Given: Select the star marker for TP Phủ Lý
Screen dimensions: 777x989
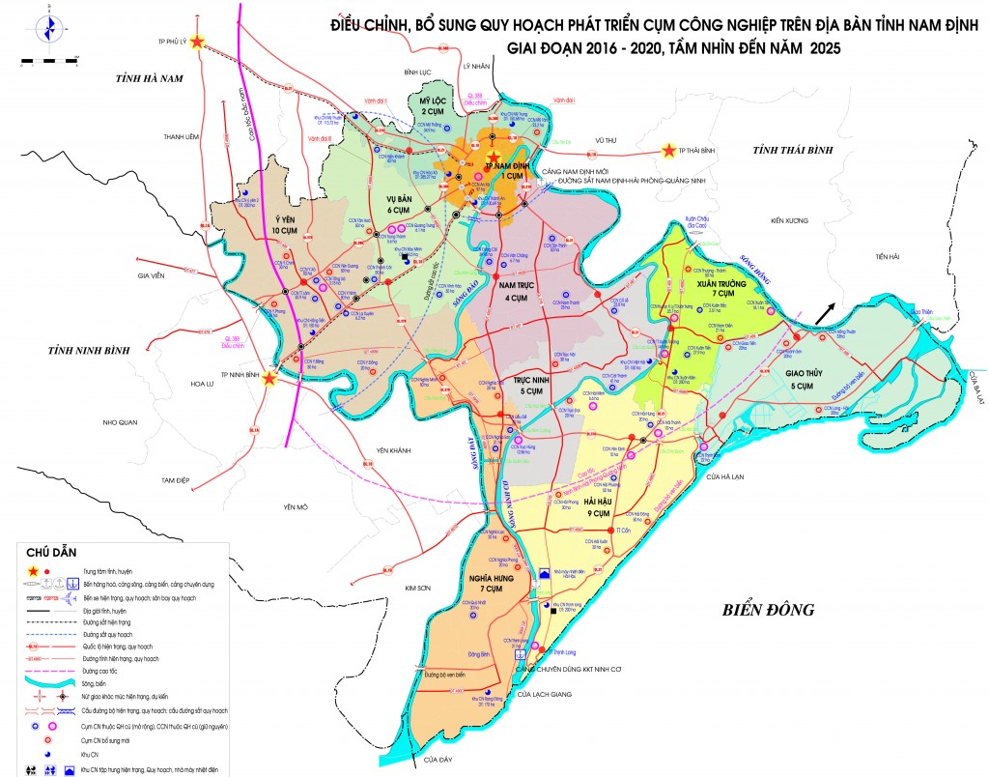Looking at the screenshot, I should pyautogui.click(x=198, y=42).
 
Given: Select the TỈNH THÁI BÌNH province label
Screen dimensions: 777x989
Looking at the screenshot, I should pyautogui.click(x=793, y=150).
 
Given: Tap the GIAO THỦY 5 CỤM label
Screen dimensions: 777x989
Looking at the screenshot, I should pyautogui.click(x=799, y=379).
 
